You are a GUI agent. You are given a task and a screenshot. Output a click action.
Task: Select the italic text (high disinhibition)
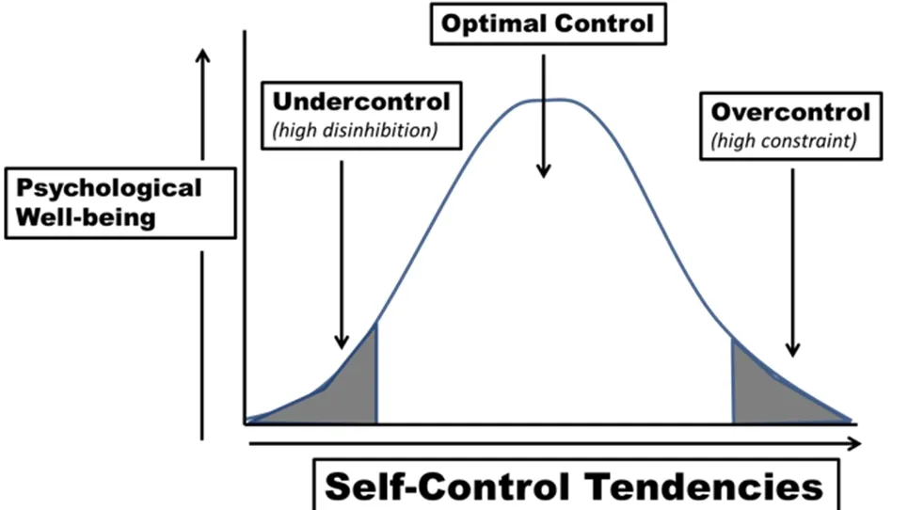tap(355, 130)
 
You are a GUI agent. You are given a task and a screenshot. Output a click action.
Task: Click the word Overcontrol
tap(790, 113)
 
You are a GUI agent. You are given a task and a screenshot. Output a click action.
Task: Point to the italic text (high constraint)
tap(783, 141)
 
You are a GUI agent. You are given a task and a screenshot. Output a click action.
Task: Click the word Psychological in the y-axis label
tap(109, 187)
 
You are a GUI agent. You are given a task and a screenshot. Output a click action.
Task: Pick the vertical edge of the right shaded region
tap(733, 381)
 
